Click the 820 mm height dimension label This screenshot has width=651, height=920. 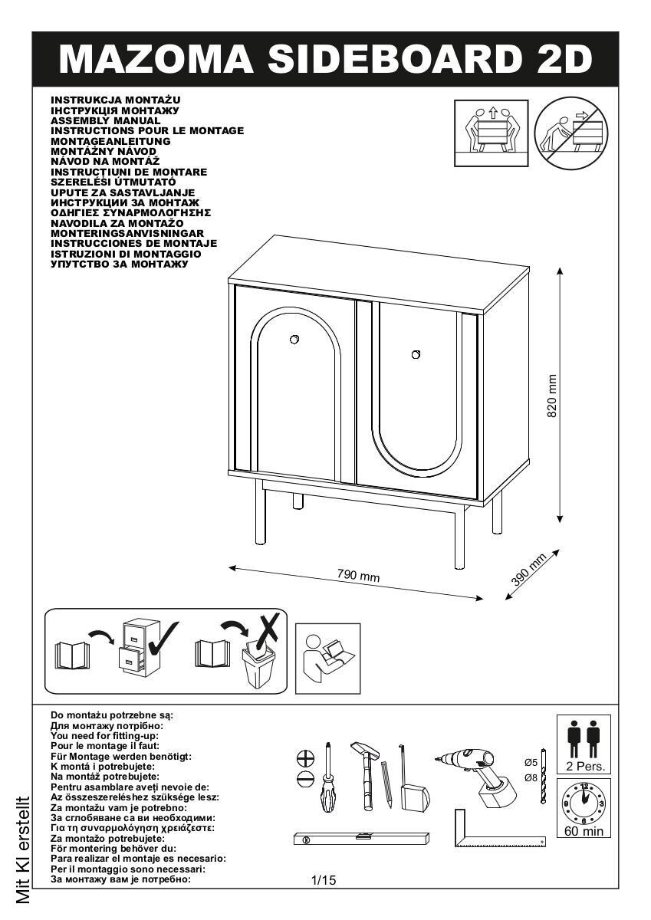click(552, 396)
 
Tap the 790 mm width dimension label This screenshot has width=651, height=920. click(359, 576)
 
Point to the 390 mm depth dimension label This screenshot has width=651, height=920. click(528, 570)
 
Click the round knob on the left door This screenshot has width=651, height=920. click(294, 340)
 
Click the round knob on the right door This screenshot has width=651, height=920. click(416, 353)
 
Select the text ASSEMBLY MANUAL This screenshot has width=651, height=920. click(106, 121)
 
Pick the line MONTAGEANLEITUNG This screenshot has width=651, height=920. click(110, 141)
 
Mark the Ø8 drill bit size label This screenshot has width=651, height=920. click(531, 777)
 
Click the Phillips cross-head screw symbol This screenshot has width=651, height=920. click(305, 757)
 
